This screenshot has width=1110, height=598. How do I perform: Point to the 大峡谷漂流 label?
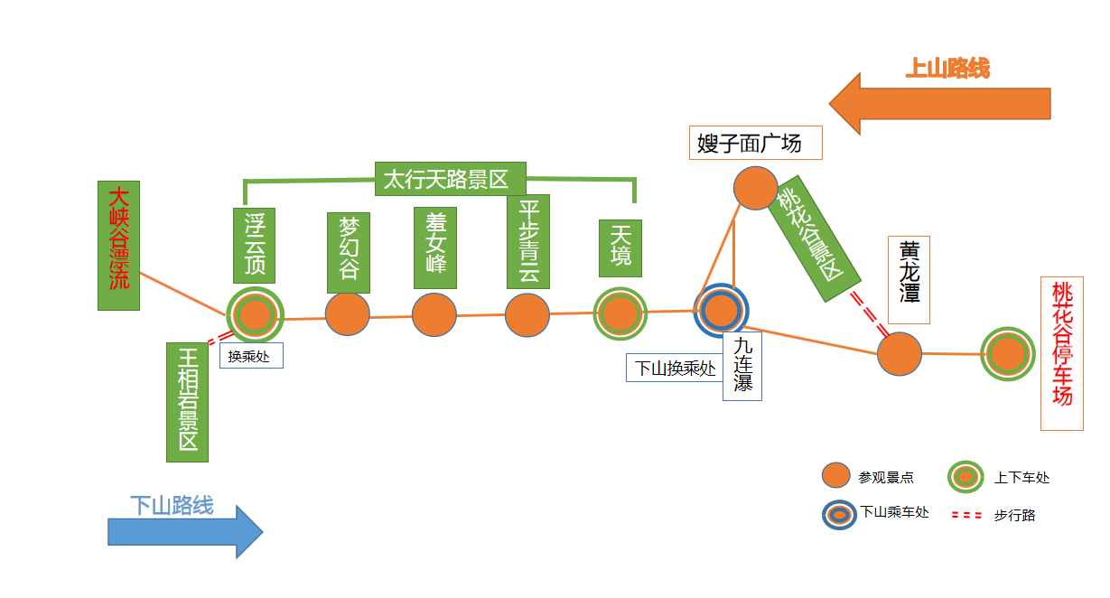[118, 245]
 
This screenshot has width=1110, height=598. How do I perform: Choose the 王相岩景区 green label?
[187, 402]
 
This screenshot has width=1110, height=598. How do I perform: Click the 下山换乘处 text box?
[674, 369]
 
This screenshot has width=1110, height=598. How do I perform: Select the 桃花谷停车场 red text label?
[1061, 353]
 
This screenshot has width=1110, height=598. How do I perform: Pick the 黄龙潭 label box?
[909, 279]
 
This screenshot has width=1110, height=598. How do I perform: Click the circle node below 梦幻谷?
[348, 314]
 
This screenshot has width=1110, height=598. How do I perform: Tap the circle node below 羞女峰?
[434, 314]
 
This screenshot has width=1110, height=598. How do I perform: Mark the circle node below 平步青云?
[527, 315]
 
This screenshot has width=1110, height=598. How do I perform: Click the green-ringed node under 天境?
[620, 313]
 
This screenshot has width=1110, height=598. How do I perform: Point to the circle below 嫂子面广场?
[755, 188]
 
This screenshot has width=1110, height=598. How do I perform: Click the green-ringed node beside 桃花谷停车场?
[1007, 354]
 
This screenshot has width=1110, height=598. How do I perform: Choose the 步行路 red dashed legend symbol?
[967, 515]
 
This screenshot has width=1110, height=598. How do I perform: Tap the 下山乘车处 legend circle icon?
[839, 513]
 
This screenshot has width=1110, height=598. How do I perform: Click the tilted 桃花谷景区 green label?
[811, 238]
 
